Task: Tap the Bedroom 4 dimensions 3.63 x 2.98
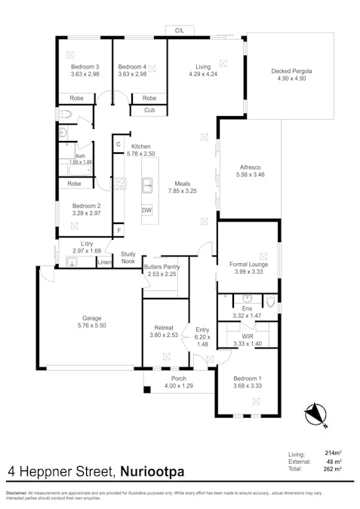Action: [x=132, y=75]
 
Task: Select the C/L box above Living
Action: [x=180, y=30]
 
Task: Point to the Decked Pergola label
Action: [x=291, y=71]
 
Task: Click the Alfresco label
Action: [x=250, y=167]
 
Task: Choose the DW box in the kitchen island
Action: [x=146, y=210]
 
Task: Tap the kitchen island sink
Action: [x=148, y=183]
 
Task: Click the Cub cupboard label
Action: [x=149, y=111]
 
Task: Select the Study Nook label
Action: [x=128, y=258]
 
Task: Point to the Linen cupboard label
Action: [x=105, y=262]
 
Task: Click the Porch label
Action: [x=179, y=379]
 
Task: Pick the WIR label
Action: [x=247, y=336]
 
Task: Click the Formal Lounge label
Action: [x=247, y=264]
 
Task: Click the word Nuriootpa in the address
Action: [x=152, y=473]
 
